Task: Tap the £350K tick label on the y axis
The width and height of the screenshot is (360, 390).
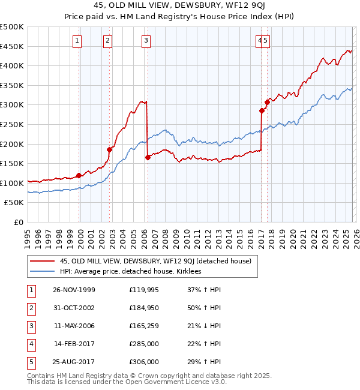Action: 12,86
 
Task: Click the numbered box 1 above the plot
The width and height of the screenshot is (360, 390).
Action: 78,41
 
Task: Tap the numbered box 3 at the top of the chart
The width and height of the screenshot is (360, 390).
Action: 146,41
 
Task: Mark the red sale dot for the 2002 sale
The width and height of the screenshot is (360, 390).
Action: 110,150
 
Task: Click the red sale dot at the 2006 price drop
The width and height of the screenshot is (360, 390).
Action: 148,158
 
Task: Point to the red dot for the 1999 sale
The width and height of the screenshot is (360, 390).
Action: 79,176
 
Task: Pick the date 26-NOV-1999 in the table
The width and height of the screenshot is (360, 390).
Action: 74,290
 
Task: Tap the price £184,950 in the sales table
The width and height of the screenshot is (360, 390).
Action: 144,308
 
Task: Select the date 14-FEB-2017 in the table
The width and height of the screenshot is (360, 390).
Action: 74,344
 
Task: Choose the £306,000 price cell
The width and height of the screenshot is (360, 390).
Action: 144,362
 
